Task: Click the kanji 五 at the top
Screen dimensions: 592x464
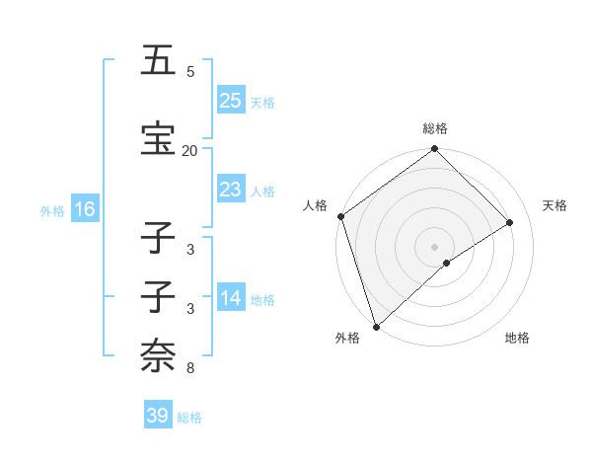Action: coord(158,61)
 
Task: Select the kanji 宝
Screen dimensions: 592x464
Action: coord(158,139)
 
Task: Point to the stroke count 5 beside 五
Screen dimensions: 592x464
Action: coord(190,72)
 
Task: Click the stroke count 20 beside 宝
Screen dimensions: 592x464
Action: coord(189,150)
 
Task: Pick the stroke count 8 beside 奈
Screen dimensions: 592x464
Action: coord(190,368)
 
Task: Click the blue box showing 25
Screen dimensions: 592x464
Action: coord(231,101)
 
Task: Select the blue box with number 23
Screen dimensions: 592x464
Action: coord(231,190)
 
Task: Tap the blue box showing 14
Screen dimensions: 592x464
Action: coord(231,298)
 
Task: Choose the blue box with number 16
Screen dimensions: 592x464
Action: coord(84,209)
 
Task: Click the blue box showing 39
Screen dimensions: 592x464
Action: coord(158,416)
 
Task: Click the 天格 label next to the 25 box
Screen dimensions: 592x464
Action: coord(261,102)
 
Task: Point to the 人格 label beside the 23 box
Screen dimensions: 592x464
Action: coord(261,191)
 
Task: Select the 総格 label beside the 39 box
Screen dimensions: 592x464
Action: coord(189,417)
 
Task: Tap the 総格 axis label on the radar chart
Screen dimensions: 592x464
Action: coord(435,128)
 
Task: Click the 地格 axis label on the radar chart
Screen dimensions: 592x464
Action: coord(517,338)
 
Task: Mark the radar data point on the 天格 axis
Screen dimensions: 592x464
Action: coord(510,222)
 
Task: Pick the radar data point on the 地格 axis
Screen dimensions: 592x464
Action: coord(447,263)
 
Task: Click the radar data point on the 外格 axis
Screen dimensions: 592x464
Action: coord(375,326)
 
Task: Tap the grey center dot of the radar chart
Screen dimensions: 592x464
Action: coord(434,246)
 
